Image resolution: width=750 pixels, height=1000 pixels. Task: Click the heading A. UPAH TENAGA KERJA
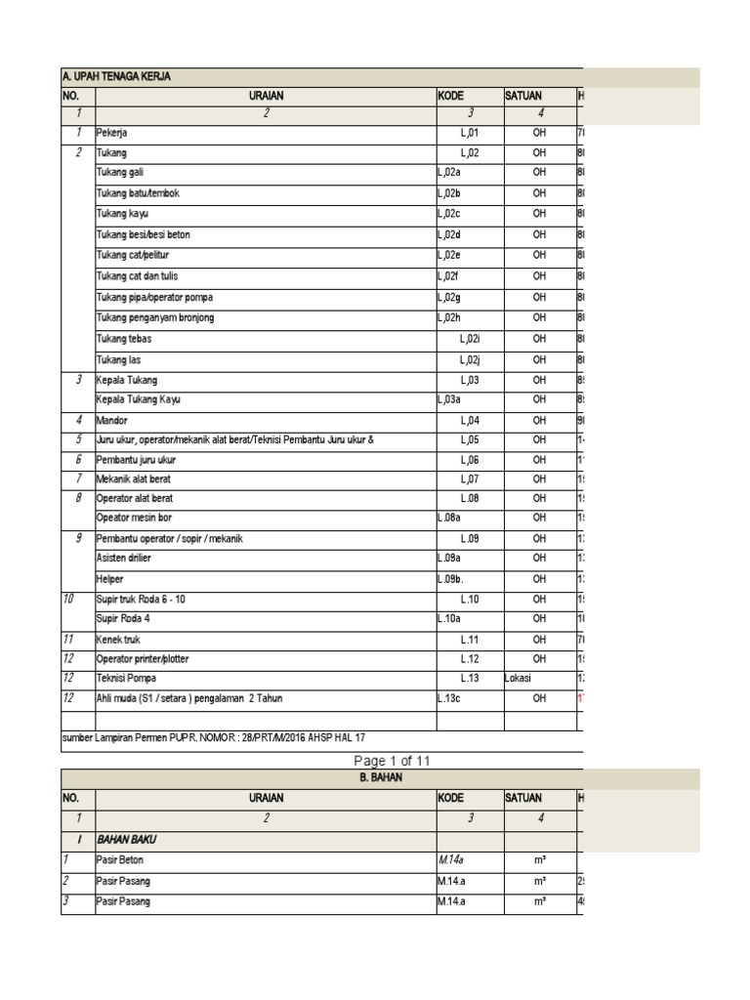coord(116,77)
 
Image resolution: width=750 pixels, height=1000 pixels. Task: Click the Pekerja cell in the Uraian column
coord(112,132)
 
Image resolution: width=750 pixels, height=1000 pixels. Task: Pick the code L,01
coord(471,132)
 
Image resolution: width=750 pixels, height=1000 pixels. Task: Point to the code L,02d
coord(450,234)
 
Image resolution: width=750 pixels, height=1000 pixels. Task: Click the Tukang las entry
coord(116,358)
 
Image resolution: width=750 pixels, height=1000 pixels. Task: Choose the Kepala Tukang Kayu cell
coord(138,399)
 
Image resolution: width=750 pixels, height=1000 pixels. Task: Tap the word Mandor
coord(111,420)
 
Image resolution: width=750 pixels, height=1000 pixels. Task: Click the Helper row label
coord(110,579)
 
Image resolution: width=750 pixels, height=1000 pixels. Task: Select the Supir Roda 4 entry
coord(122,619)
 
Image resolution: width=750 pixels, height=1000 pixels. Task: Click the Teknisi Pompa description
coord(125,678)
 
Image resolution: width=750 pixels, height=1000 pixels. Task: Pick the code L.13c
coord(450,698)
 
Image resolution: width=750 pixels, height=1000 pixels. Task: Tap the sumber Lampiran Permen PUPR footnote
coord(214,738)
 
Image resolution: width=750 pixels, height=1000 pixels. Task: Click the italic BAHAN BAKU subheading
coord(127,839)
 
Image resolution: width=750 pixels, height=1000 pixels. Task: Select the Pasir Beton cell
coord(122,860)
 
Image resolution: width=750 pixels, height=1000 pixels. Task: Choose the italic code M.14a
coord(450,860)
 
